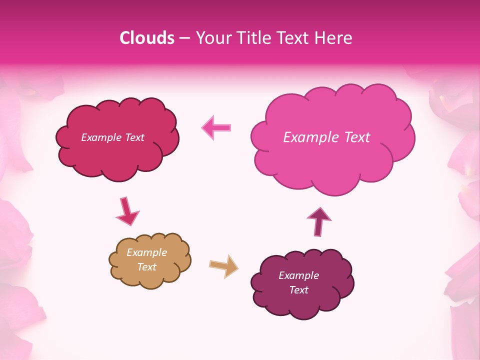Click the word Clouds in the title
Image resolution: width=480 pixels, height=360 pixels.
point(146,38)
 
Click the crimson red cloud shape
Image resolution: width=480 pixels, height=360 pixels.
point(117,155)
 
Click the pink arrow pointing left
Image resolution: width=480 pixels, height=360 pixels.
point(216,127)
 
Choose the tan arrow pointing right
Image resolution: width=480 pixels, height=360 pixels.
point(224,266)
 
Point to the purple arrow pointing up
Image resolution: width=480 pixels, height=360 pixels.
point(318,221)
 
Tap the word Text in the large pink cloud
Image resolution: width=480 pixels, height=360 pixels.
point(353,137)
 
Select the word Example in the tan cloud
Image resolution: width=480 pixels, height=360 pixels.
point(146,252)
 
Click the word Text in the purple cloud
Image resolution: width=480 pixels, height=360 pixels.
point(298,290)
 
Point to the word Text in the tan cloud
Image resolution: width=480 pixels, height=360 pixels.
point(146,267)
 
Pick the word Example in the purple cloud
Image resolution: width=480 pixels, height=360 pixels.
point(298,275)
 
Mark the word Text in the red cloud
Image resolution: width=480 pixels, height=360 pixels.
point(134,137)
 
